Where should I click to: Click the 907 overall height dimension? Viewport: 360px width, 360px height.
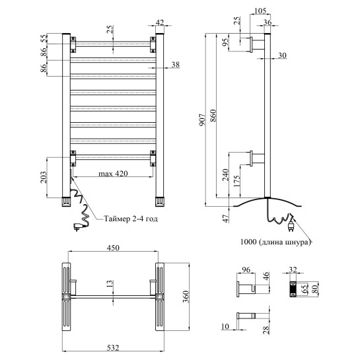tap(201, 120)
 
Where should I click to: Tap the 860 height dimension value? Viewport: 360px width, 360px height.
tap(213, 116)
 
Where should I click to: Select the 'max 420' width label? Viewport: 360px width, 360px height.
tap(113, 174)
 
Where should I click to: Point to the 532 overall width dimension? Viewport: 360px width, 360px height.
tap(113, 348)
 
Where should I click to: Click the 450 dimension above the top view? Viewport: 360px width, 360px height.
tap(113, 248)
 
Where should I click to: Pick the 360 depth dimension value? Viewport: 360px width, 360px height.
tap(186, 297)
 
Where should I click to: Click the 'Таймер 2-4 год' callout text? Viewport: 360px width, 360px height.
tap(131, 219)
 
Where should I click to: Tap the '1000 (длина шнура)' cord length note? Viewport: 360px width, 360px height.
tap(275, 242)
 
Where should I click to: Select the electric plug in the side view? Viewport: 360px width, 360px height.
tap(291, 226)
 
